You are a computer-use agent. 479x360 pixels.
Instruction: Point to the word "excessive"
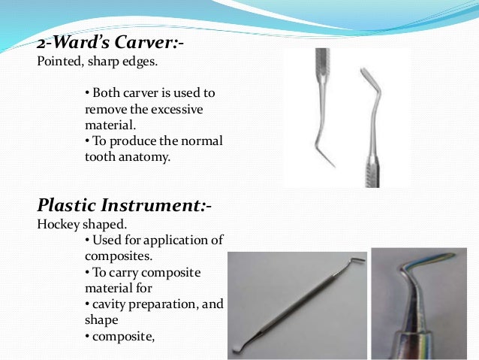click(x=177, y=110)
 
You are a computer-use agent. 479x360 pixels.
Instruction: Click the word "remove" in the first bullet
click(x=105, y=110)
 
